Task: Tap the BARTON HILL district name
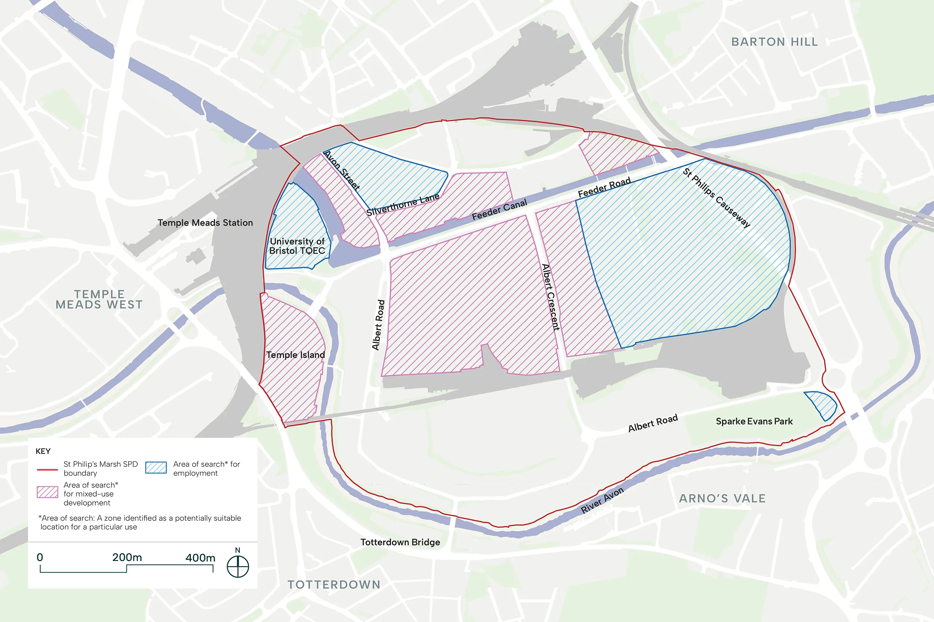pyautogui.click(x=774, y=42)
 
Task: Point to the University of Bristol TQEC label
pyautogui.click(x=297, y=246)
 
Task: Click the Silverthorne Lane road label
pyautogui.click(x=403, y=205)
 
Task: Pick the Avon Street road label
pyautogui.click(x=342, y=171)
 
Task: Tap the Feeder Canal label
pyautogui.click(x=499, y=210)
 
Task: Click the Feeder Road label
pyautogui.click(x=604, y=188)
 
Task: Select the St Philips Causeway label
pyautogui.click(x=717, y=197)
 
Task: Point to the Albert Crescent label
pyautogui.click(x=551, y=297)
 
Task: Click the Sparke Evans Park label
pyautogui.click(x=754, y=421)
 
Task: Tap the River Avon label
pyautogui.click(x=602, y=500)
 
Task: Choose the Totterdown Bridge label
pyautogui.click(x=400, y=542)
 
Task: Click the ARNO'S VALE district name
pyautogui.click(x=722, y=498)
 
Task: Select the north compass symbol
pyautogui.click(x=238, y=566)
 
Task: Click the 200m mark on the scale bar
pyautogui.click(x=127, y=558)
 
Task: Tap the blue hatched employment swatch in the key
pyautogui.click(x=156, y=467)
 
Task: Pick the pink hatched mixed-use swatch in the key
pyautogui.click(x=47, y=492)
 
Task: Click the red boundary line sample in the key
pyautogui.click(x=47, y=469)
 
